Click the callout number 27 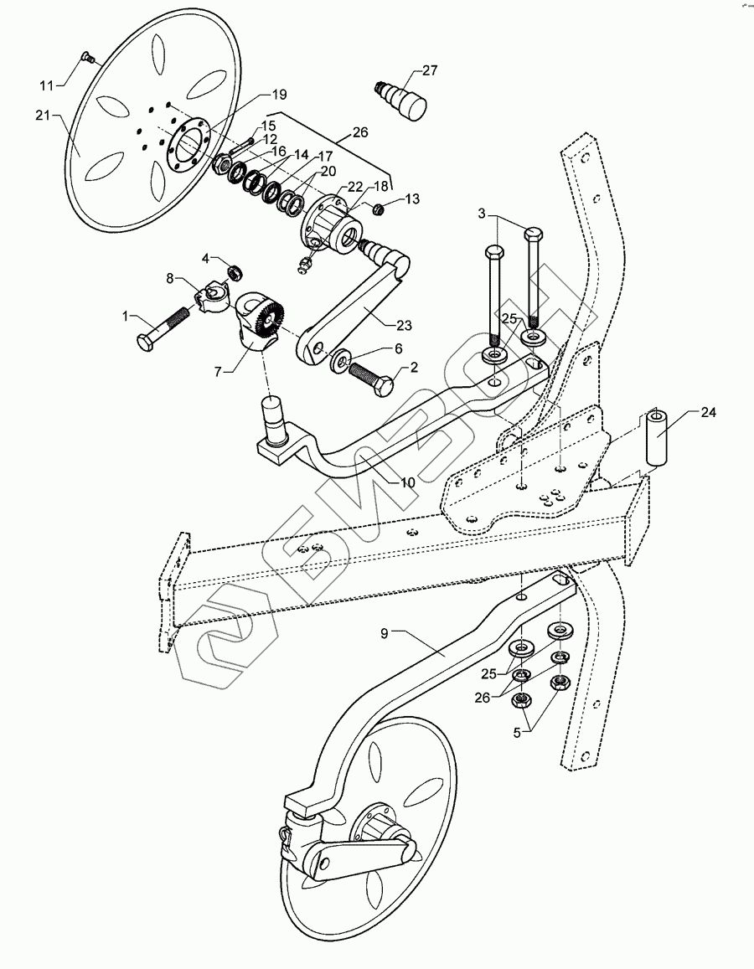[x=430, y=70]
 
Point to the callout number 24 [x=709, y=411]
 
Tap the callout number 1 [x=127, y=316]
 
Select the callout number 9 [x=385, y=634]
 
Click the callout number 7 [x=217, y=369]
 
